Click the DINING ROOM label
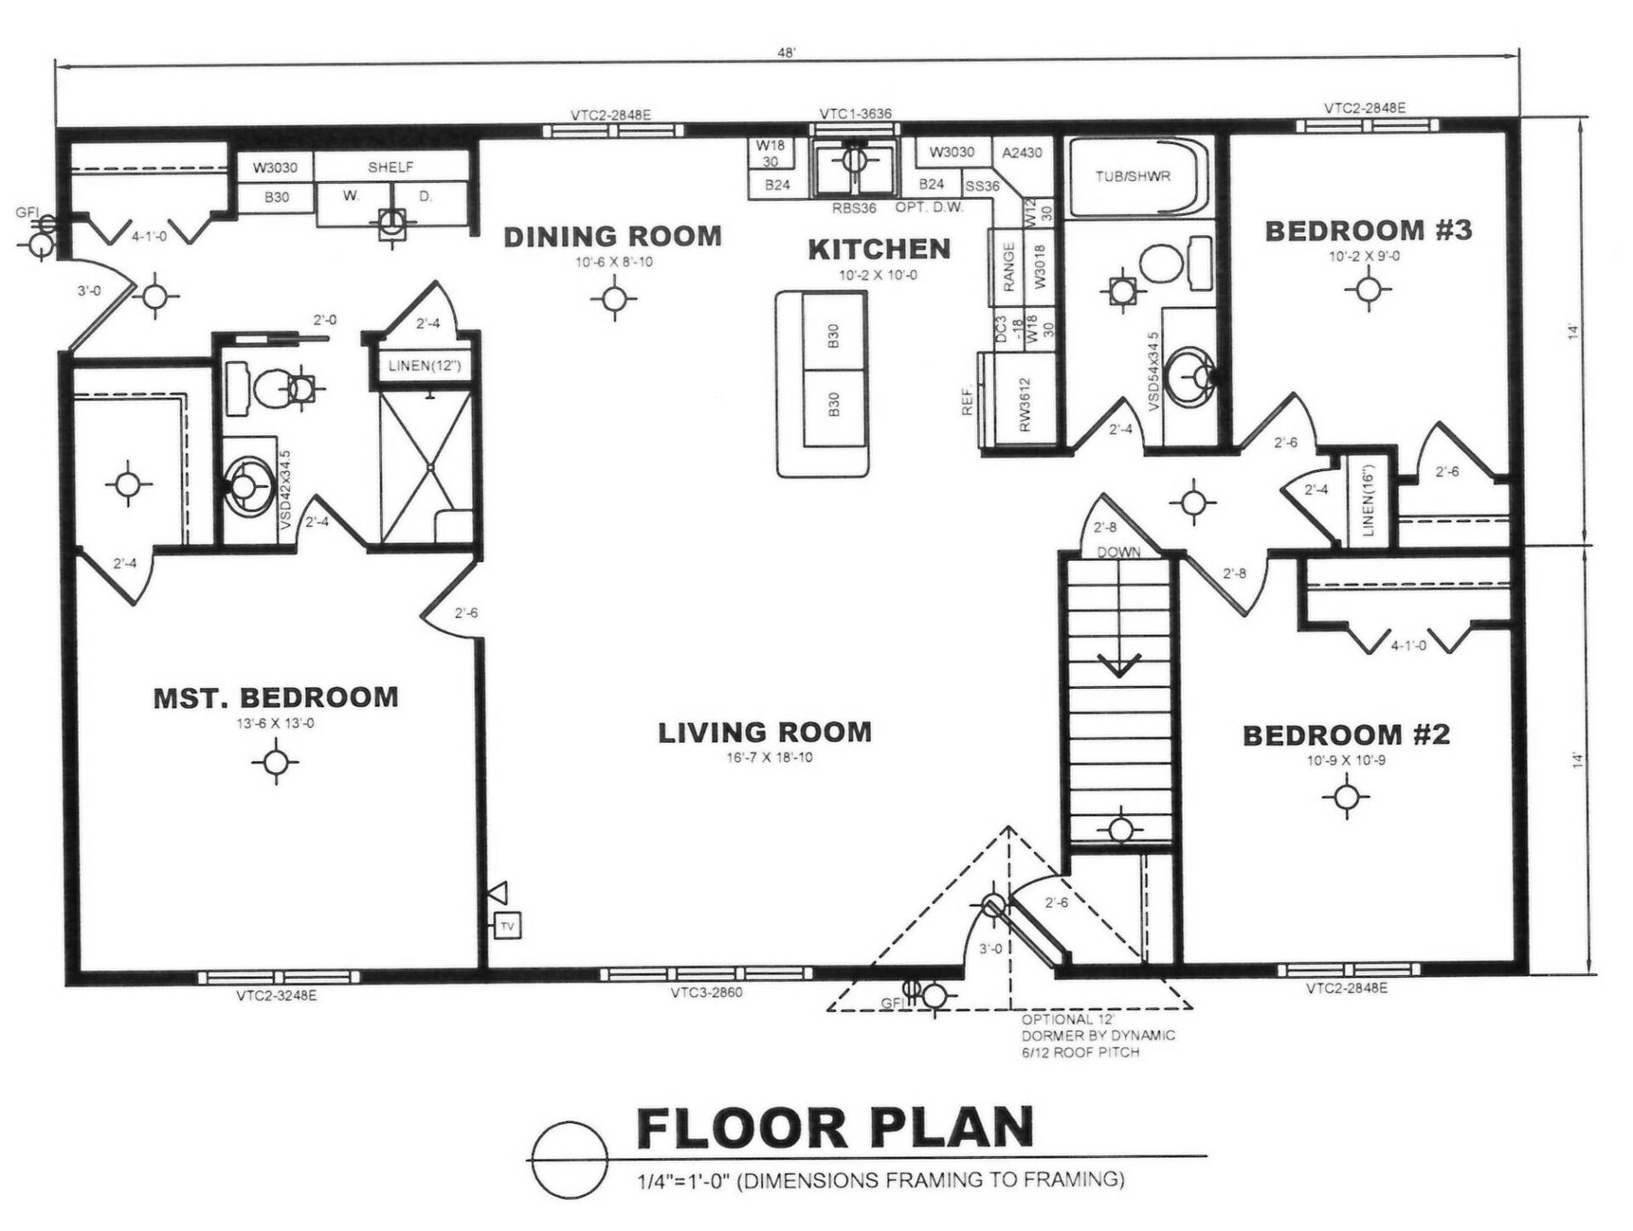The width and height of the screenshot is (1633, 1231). point(612,236)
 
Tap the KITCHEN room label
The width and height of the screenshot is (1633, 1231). point(879,249)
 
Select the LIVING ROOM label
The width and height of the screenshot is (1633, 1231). point(765,732)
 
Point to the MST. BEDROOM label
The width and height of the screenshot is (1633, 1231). point(276,697)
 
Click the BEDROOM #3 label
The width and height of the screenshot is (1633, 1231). point(1368,230)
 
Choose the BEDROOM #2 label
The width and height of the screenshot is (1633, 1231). point(1346,735)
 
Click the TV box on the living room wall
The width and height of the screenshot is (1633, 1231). point(508,926)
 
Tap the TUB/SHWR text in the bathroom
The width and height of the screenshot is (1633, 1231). point(1133,176)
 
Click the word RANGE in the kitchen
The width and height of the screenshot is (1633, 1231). point(1009,267)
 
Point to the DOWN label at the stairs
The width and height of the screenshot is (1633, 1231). point(1118,552)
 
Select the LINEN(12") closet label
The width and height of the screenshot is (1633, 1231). point(424,366)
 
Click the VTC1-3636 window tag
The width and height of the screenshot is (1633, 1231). point(855,114)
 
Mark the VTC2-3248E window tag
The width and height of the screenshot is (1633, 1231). point(276,996)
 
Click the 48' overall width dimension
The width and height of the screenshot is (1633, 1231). point(786,53)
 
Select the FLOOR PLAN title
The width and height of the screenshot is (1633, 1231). point(834,1128)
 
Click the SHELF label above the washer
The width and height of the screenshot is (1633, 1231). point(390,167)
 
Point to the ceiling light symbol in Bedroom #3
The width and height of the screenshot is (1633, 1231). point(1368,289)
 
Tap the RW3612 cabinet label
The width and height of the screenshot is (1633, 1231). point(1025,405)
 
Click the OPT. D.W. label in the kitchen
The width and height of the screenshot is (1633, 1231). point(929,207)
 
